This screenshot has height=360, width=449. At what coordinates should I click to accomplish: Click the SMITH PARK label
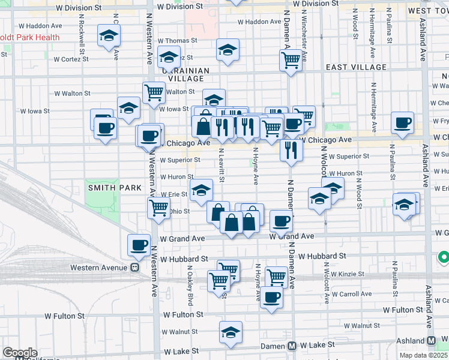(x=106, y=187)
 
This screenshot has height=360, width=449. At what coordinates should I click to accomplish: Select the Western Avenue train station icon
(x=135, y=267)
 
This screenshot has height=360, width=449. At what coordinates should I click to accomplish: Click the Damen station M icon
(x=292, y=346)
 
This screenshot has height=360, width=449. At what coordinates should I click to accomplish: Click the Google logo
(x=20, y=353)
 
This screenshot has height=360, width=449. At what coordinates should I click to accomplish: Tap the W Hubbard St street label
(x=184, y=259)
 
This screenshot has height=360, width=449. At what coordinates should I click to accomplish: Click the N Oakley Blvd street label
(x=191, y=286)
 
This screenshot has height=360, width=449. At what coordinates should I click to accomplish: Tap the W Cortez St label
(x=71, y=59)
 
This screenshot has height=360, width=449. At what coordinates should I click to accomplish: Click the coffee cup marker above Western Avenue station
(x=139, y=244)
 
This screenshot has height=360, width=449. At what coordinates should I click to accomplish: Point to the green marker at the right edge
(x=444, y=258)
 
